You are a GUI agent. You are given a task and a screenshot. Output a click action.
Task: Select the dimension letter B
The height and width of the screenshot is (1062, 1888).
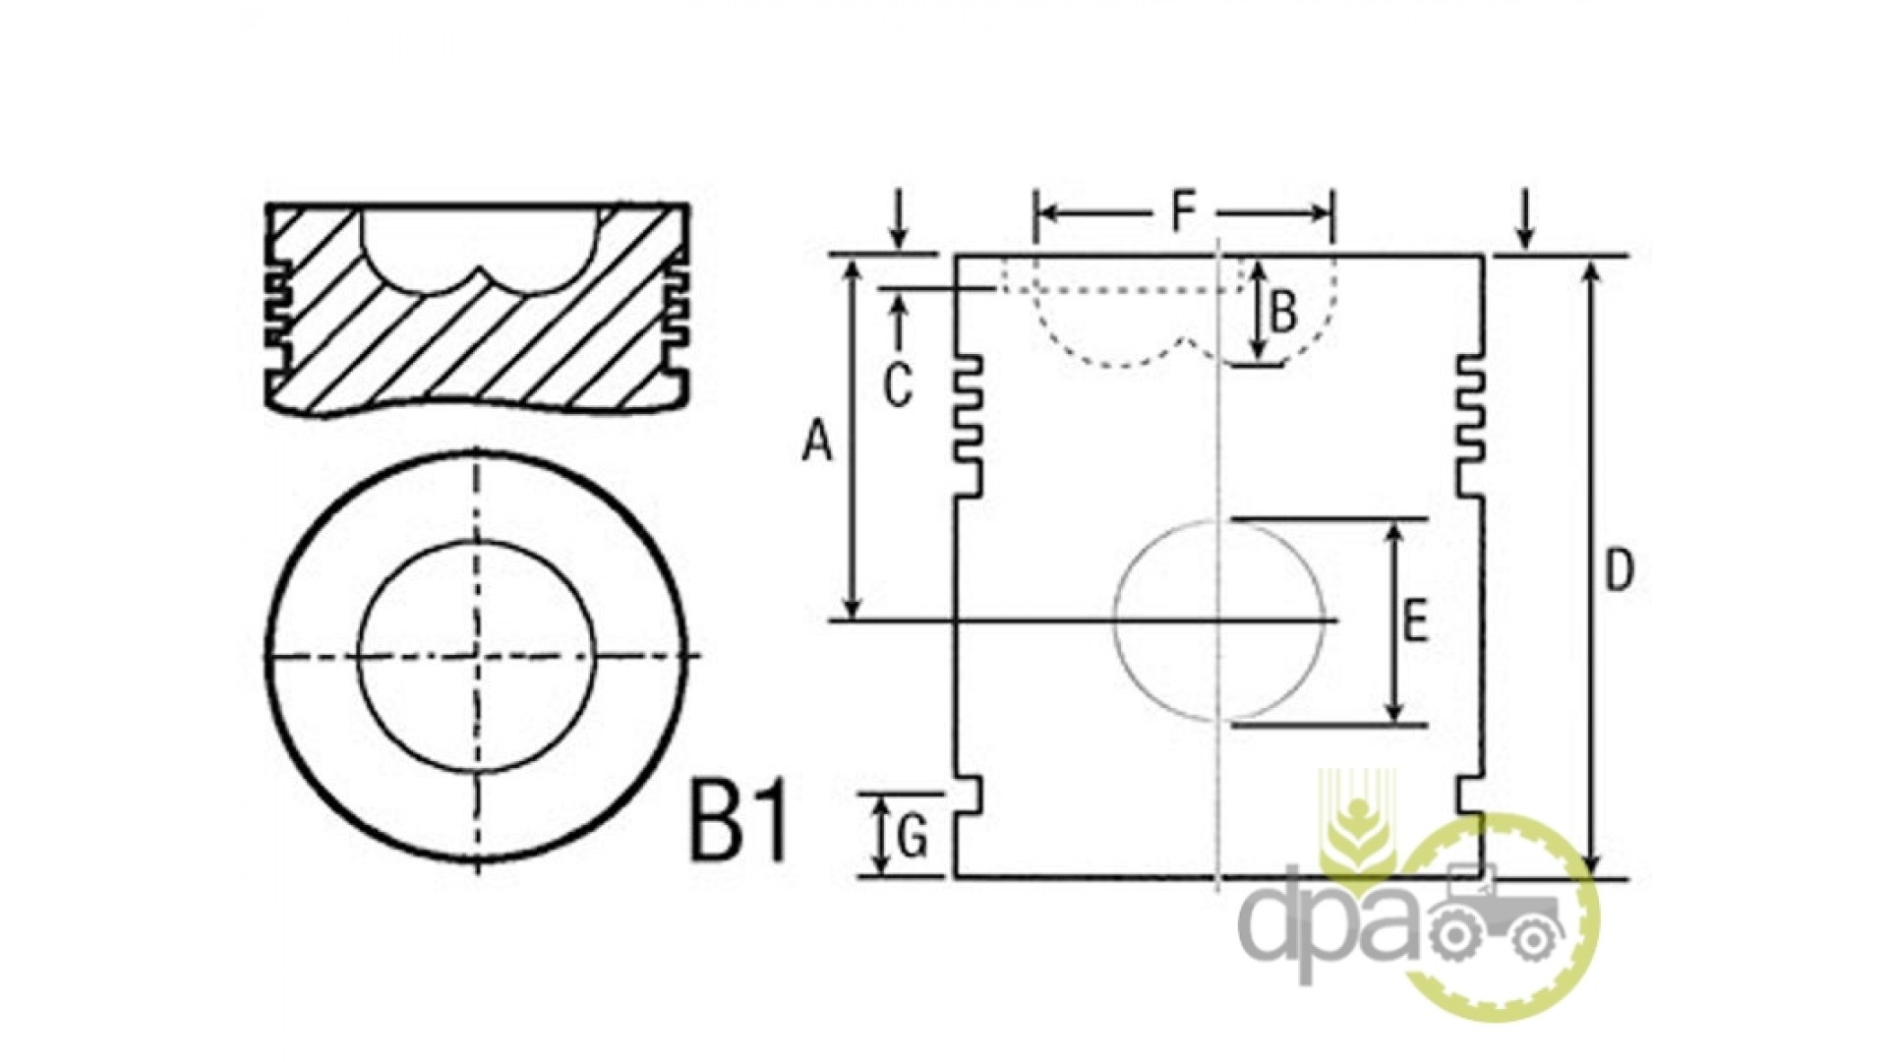coord(1284,313)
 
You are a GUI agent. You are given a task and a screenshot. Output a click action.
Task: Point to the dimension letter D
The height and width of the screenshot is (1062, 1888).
coord(1619,570)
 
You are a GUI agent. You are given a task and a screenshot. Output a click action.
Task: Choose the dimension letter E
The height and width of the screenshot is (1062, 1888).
coord(1414,622)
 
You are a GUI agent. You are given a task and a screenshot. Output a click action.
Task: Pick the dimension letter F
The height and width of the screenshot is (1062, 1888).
coord(1183,210)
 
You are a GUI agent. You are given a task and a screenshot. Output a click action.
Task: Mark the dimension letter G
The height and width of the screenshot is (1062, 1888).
coord(913,839)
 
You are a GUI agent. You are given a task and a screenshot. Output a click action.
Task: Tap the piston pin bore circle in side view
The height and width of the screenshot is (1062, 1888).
coord(1114,620)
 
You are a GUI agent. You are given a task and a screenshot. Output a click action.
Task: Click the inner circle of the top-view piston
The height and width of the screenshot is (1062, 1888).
coord(358,656)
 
